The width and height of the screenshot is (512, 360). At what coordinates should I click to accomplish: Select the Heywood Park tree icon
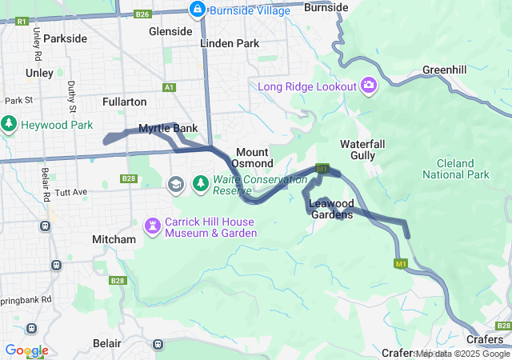[x=9, y=124]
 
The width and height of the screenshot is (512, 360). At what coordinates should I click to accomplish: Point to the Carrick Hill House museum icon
[x=152, y=227]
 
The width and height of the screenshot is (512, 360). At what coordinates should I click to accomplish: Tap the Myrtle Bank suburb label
[x=168, y=129]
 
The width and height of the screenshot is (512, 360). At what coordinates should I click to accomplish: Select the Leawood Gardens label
[x=331, y=209]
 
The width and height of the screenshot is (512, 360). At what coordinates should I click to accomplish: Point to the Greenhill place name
[x=444, y=70]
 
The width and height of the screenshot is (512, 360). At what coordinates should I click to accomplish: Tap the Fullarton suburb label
[x=125, y=102]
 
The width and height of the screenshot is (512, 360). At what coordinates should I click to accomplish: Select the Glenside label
[x=170, y=31]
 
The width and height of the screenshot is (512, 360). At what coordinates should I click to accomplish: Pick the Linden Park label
[x=230, y=43]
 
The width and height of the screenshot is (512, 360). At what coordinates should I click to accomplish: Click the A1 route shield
[x=169, y=87]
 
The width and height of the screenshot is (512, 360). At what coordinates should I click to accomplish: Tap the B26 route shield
[x=142, y=14]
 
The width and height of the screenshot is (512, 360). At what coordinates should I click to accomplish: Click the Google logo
[x=26, y=350]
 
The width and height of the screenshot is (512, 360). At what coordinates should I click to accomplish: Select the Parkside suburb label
[x=66, y=38]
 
